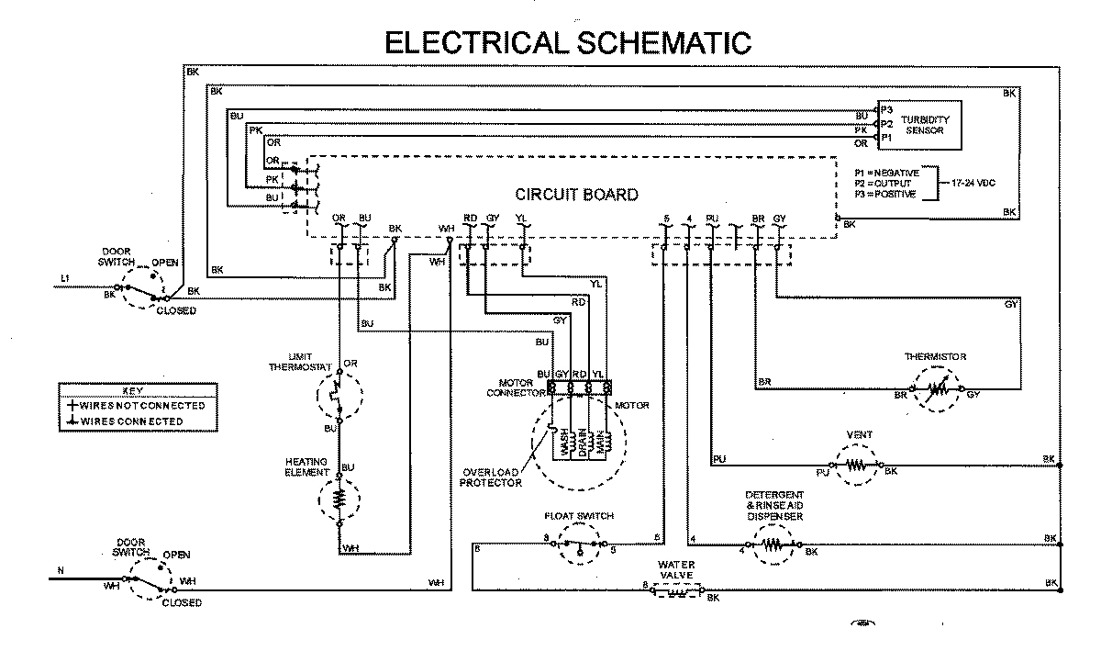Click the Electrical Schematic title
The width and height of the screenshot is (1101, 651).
pyautogui.click(x=567, y=41)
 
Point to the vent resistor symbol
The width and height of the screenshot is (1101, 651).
pyautogui.click(x=855, y=466)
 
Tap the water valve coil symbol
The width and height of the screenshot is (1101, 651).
pyautogui.click(x=676, y=593)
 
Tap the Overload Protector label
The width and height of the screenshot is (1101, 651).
pyautogui.click(x=491, y=477)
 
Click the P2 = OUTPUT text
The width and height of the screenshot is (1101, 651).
pyautogui.click(x=884, y=183)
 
